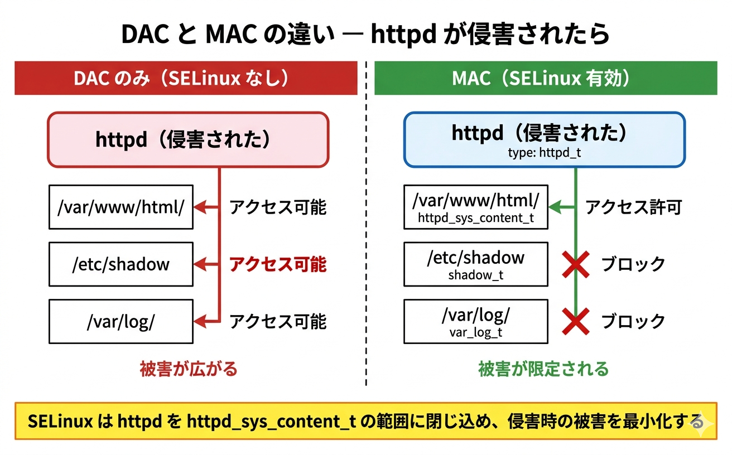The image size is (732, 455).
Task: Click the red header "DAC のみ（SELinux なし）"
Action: (186, 79)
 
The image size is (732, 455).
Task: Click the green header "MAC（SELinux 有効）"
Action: (545, 79)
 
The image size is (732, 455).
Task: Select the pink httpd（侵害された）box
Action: (188, 139)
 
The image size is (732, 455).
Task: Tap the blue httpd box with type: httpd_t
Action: (544, 139)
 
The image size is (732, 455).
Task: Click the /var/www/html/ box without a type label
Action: (121, 207)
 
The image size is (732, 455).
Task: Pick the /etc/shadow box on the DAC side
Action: (121, 264)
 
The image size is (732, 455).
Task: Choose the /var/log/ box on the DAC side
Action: (121, 322)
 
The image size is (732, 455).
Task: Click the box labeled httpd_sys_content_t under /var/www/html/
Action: (476, 207)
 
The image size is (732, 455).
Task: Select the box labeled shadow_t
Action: (476, 264)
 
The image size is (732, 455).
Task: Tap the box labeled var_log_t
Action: (476, 322)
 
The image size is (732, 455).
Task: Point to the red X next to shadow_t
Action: (576, 264)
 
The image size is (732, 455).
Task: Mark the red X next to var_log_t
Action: (576, 322)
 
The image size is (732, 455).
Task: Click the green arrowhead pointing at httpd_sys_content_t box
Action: (555, 207)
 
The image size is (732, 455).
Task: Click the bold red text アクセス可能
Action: (278, 264)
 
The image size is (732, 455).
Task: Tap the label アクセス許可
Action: (634, 207)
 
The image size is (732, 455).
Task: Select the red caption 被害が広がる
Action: (188, 369)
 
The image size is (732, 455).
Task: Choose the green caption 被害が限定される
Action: (543, 369)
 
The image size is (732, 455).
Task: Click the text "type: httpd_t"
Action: (545, 152)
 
